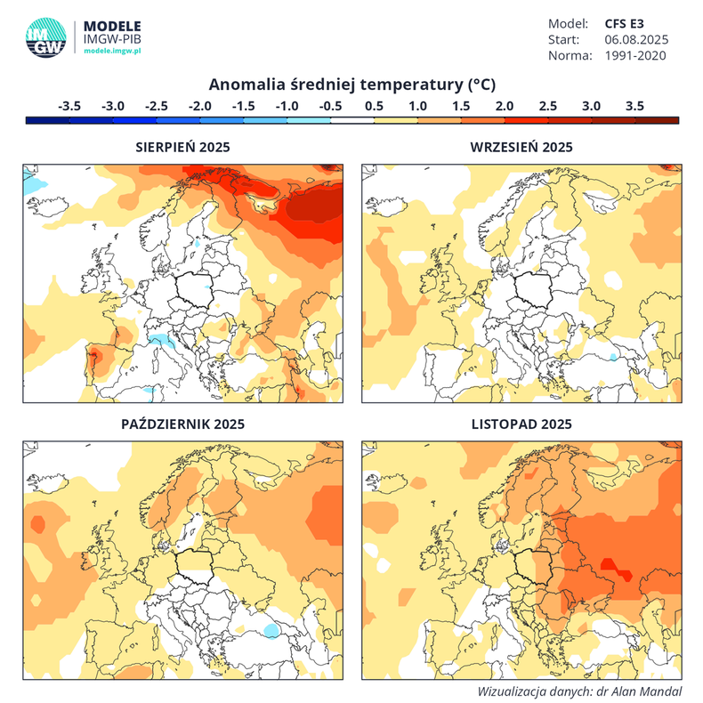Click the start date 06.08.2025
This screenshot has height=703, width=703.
636,39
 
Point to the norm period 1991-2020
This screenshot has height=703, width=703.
636,55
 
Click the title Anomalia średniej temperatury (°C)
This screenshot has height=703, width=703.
351,85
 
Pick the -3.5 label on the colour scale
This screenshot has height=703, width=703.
69,105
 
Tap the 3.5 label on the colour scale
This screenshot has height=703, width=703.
634,105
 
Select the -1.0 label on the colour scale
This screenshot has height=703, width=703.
287,105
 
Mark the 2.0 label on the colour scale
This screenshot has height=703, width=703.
505,105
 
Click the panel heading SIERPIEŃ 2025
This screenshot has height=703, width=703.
182,148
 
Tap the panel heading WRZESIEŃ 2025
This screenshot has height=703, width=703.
521,148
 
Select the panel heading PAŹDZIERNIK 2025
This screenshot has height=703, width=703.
182,424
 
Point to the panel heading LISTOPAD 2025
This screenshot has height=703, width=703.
521,424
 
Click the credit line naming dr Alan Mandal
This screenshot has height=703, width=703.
578,691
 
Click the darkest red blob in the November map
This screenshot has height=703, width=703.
610,564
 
